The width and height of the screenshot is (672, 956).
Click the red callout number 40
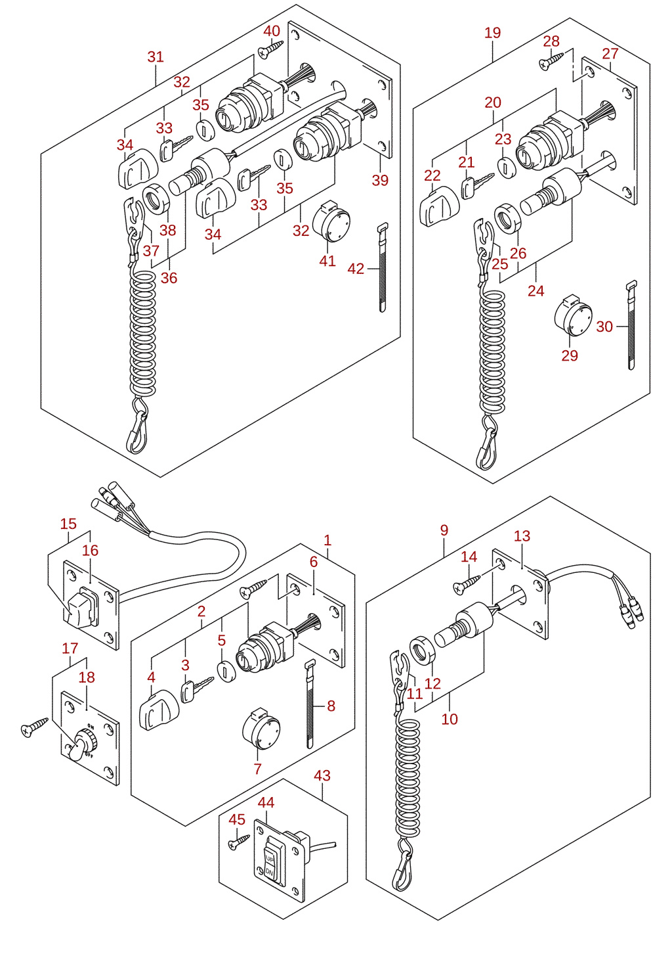pyautogui.click(x=272, y=31)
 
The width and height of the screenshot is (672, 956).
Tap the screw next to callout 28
pyautogui.click(x=551, y=60)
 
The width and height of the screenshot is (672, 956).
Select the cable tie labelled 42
pyautogui.click(x=383, y=267)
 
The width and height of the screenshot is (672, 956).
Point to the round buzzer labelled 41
pyautogui.click(x=331, y=223)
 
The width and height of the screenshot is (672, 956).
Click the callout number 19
pyautogui.click(x=492, y=32)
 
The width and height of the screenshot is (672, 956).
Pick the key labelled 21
pyautogui.click(x=477, y=185)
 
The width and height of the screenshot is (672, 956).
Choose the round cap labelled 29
pyautogui.click(x=573, y=316)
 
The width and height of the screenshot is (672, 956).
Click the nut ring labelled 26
pyautogui.click(x=508, y=219)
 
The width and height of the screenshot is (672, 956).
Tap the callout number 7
pyautogui.click(x=257, y=769)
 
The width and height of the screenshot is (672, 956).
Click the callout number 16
pyautogui.click(x=90, y=550)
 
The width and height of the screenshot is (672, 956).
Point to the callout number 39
pyautogui.click(x=380, y=179)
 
